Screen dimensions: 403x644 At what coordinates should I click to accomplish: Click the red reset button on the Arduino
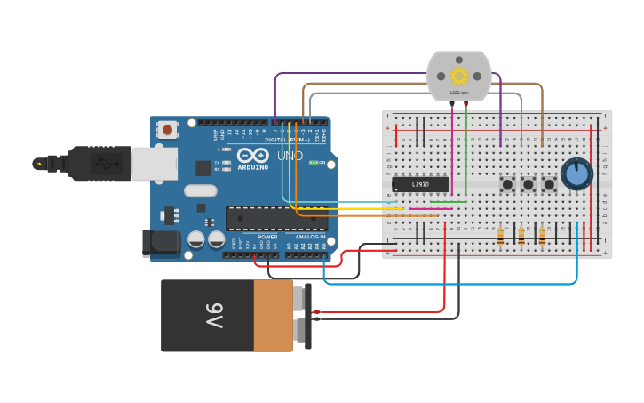pos(168,130)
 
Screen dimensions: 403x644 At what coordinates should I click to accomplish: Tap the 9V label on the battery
pos(216,315)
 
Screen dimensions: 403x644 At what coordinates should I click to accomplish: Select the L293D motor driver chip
pos(420,184)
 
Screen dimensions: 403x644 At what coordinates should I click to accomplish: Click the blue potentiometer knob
pos(576,173)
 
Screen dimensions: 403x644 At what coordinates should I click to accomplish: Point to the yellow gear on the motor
pos(458,77)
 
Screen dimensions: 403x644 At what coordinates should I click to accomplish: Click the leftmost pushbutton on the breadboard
pos(508,184)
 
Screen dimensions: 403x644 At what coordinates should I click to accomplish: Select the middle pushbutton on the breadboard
pos(529,184)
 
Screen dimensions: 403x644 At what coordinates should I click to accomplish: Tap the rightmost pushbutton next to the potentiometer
pos(549,184)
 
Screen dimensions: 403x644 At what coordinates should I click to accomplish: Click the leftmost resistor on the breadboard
pos(500,236)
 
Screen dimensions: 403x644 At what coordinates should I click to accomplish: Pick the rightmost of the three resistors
pos(542,236)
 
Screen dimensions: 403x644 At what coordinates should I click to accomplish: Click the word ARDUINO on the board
pos(252,166)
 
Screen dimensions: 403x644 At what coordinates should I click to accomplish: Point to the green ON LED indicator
pos(312,162)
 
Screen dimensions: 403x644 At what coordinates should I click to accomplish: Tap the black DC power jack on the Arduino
pos(155,243)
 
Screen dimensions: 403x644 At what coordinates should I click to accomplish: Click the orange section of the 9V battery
pos(273,315)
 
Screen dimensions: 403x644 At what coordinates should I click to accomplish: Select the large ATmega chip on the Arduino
pos(275,218)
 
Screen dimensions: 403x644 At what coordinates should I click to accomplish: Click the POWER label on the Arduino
pos(267,238)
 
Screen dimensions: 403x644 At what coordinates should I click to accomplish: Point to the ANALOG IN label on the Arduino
pos(310,238)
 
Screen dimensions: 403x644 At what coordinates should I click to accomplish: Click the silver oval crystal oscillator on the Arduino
pos(201,189)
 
